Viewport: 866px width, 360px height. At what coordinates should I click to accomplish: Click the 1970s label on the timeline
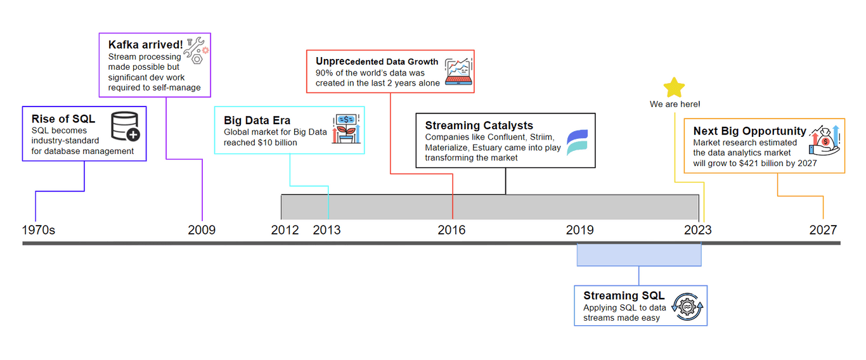[39, 230]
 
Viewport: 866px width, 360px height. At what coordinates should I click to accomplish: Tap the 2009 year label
[202, 230]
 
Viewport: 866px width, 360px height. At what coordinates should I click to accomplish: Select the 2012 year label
[285, 230]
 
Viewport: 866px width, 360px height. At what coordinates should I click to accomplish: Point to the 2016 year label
[451, 230]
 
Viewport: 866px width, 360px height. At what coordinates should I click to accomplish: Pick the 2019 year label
[580, 230]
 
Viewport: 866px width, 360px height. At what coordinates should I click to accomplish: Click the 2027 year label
[823, 230]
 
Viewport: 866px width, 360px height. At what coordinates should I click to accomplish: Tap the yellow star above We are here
[675, 87]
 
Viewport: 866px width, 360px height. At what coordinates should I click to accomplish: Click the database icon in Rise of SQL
[126, 127]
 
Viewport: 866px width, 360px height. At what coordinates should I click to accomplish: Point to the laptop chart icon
[458, 72]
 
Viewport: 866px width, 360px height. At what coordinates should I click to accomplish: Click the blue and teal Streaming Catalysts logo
[577, 143]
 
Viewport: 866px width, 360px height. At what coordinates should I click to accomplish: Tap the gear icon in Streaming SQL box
[687, 307]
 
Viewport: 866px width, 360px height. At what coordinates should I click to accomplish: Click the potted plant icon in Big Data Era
[346, 129]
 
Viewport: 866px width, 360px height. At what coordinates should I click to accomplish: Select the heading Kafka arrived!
[145, 45]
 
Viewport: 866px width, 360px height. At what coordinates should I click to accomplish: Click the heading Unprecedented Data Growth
[377, 61]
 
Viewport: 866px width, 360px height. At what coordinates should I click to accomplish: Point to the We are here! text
[675, 104]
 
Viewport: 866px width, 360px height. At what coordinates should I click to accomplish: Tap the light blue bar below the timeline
[639, 255]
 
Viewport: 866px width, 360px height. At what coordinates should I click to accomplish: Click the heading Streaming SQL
[624, 296]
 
